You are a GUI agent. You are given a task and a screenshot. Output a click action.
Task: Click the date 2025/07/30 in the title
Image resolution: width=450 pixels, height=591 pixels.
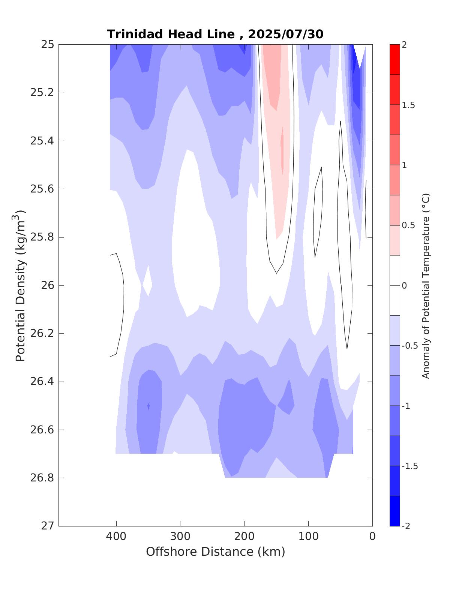coord(285,34)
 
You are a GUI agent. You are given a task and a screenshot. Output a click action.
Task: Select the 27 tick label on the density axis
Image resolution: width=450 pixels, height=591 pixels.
coord(48,526)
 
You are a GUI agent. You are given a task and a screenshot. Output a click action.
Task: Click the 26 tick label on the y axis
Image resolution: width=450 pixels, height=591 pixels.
coord(48,286)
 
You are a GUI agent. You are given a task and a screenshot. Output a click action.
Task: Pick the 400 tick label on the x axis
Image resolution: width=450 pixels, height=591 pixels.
coord(116,537)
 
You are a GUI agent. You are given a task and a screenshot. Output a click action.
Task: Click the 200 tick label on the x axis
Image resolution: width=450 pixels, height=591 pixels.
coord(244,537)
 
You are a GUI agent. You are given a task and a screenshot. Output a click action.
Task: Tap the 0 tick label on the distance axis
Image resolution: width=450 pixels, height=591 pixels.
coord(372,537)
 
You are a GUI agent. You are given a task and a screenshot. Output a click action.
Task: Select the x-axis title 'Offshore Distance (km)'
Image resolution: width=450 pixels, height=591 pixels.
coord(215,552)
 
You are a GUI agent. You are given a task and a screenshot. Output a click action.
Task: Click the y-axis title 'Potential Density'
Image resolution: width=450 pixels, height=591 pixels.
coord(20,285)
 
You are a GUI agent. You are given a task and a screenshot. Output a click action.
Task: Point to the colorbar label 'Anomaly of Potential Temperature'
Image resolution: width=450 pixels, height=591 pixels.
coord(426,286)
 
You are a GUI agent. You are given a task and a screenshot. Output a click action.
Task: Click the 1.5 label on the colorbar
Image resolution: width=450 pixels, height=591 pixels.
coord(408,105)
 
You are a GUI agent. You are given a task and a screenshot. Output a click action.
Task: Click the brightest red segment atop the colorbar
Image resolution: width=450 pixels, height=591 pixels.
coord(394,59)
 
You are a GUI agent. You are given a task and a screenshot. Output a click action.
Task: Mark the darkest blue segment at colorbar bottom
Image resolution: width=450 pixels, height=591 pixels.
coord(394,511)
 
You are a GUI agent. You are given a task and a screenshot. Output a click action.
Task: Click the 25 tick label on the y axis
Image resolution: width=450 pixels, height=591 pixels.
coord(48,45)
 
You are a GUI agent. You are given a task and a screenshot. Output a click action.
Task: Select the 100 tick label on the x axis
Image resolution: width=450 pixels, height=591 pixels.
coord(308,537)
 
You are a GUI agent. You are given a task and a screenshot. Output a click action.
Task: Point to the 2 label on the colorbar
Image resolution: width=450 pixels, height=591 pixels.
coord(404,45)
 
